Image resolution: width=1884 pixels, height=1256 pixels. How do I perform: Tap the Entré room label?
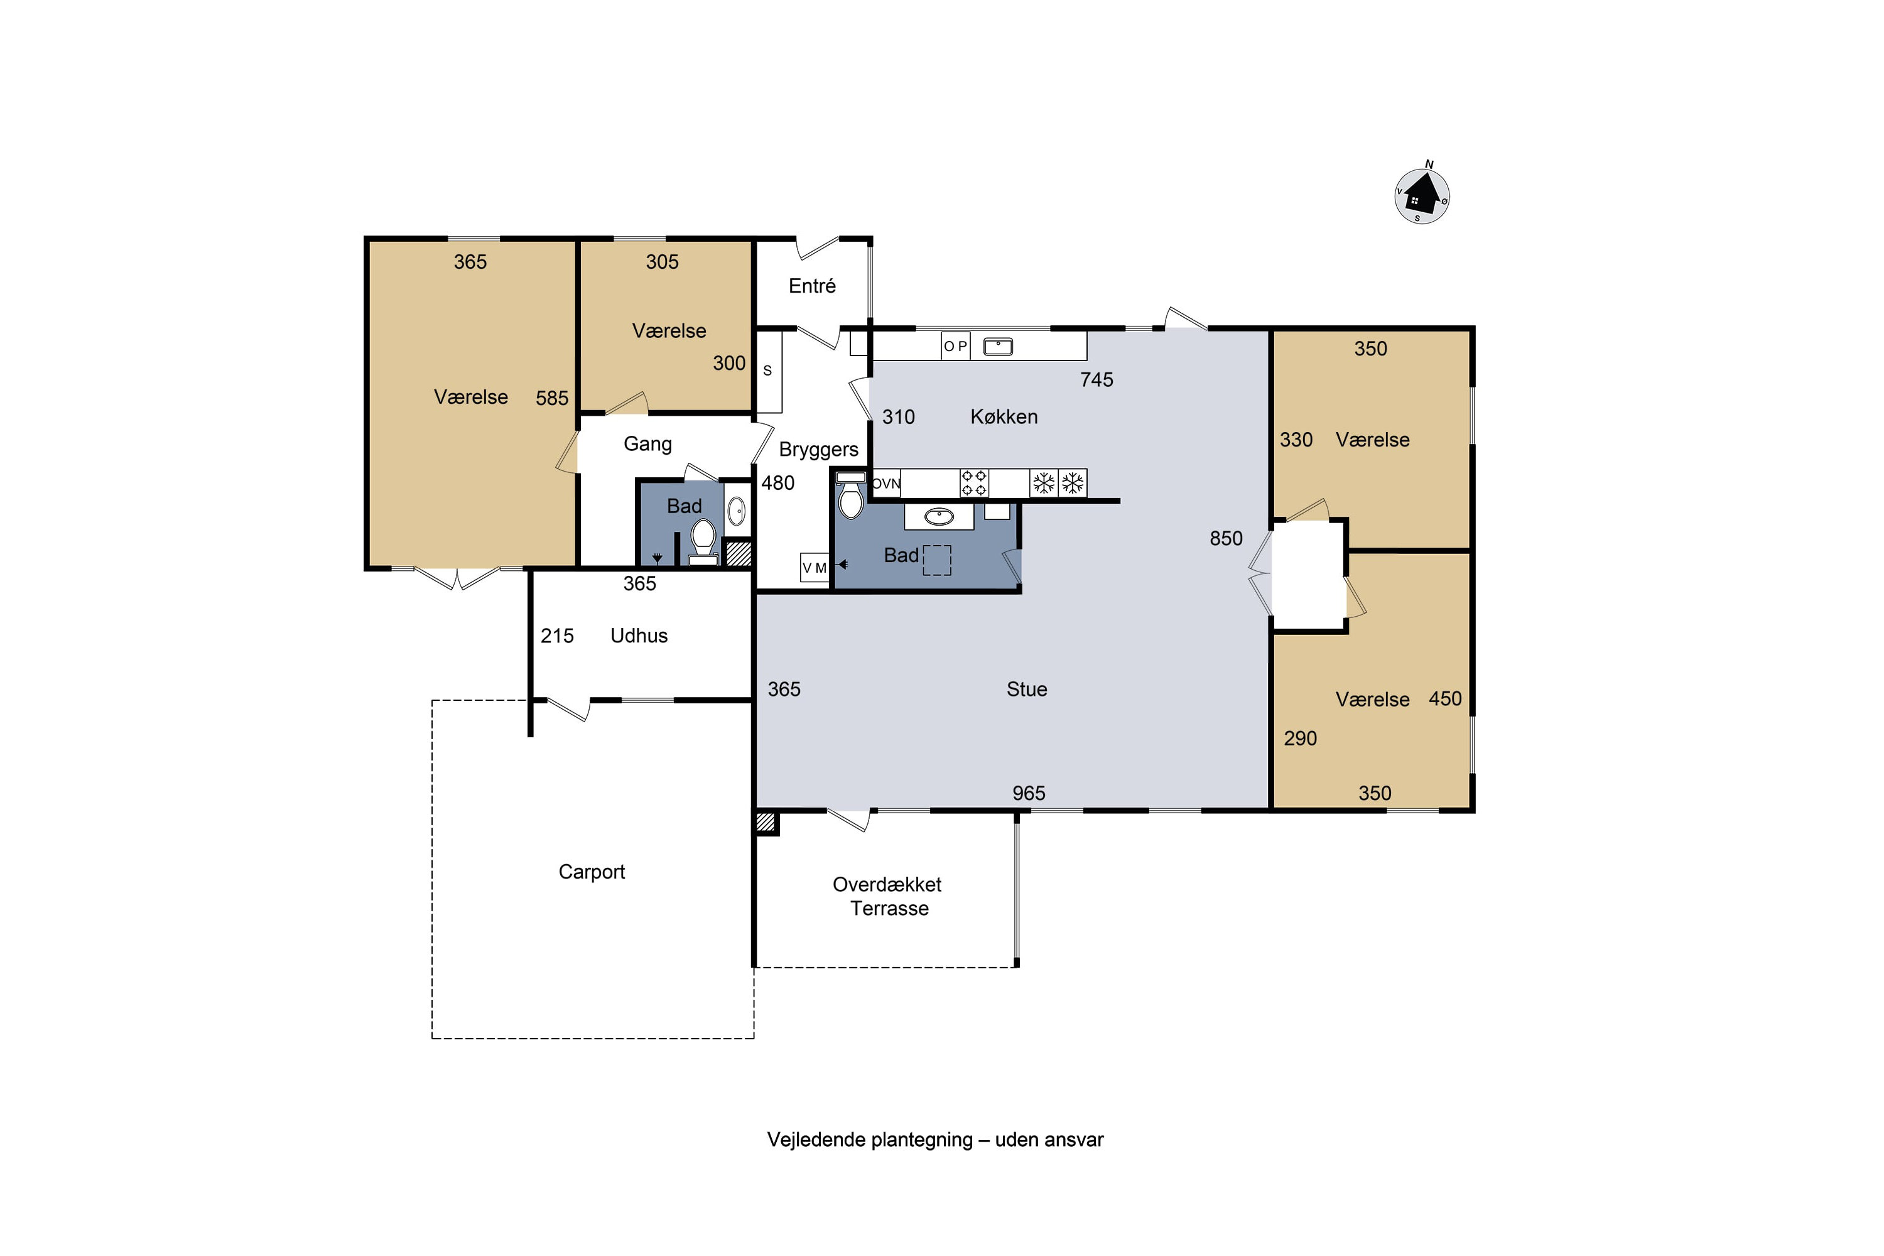pyautogui.click(x=811, y=286)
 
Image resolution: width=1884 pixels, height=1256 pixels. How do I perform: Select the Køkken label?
pyautogui.click(x=1004, y=416)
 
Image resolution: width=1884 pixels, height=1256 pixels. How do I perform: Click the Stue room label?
pyautogui.click(x=1026, y=689)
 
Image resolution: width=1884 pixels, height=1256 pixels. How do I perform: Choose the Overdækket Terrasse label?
pyautogui.click(x=887, y=896)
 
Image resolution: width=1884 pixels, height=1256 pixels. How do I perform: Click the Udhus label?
pyautogui.click(x=639, y=635)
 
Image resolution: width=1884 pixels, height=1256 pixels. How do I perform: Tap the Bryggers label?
pyautogui.click(x=819, y=450)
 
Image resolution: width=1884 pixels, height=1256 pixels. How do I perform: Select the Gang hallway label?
pyautogui.click(x=647, y=444)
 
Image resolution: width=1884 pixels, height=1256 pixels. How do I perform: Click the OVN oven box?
pyautogui.click(x=886, y=483)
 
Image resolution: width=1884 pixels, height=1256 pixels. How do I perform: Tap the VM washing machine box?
pyautogui.click(x=815, y=567)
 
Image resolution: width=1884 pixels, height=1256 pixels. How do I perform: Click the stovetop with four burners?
pyautogui.click(x=974, y=483)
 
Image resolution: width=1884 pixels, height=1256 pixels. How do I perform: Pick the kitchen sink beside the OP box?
pyautogui.click(x=998, y=346)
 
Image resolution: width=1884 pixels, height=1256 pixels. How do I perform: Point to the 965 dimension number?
pyautogui.click(x=1029, y=793)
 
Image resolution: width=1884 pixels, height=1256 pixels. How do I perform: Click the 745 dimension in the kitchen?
pyautogui.click(x=1096, y=380)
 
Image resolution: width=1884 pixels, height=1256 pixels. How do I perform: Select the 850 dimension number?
pyautogui.click(x=1226, y=538)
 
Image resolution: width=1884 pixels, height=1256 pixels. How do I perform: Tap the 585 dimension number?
pyautogui.click(x=552, y=398)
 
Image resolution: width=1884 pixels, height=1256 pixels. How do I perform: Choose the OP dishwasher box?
pyautogui.click(x=956, y=346)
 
